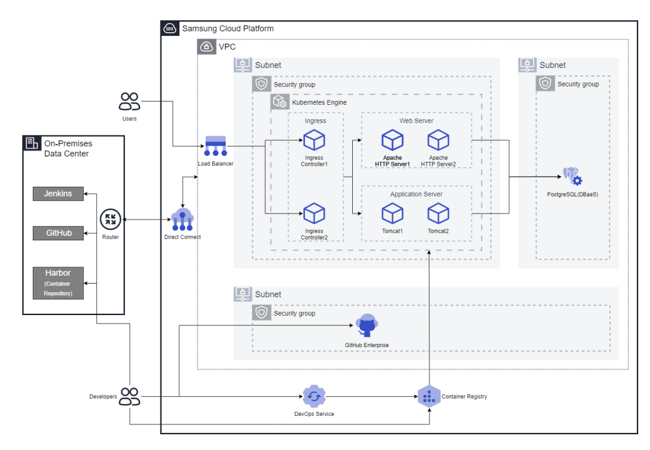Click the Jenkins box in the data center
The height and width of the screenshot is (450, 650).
tap(58, 194)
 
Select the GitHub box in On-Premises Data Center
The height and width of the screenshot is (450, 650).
tap(58, 233)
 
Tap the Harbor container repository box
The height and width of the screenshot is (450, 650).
tap(58, 283)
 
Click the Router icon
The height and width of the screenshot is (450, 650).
tap(110, 219)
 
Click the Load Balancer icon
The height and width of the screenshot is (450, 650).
tap(215, 146)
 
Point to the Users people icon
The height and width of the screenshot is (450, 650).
tap(129, 102)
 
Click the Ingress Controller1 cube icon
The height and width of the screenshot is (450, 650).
tap(314, 140)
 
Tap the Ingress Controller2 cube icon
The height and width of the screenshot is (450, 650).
tap(314, 214)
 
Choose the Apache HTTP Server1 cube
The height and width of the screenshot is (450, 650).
tap(393, 140)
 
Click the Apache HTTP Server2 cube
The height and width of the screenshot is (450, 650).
tap(438, 140)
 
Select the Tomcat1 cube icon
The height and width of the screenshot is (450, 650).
tap(392, 214)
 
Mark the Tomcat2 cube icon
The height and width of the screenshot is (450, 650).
tap(438, 214)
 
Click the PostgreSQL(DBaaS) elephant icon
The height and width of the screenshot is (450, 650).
tap(572, 177)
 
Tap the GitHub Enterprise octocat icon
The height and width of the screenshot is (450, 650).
tap(367, 326)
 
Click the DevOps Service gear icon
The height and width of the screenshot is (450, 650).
tap(314, 396)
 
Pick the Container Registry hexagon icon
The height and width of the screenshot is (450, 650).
tap(429, 397)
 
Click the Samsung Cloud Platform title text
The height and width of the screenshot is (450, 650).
tap(228, 29)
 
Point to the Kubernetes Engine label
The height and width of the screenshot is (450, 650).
tap(319, 102)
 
